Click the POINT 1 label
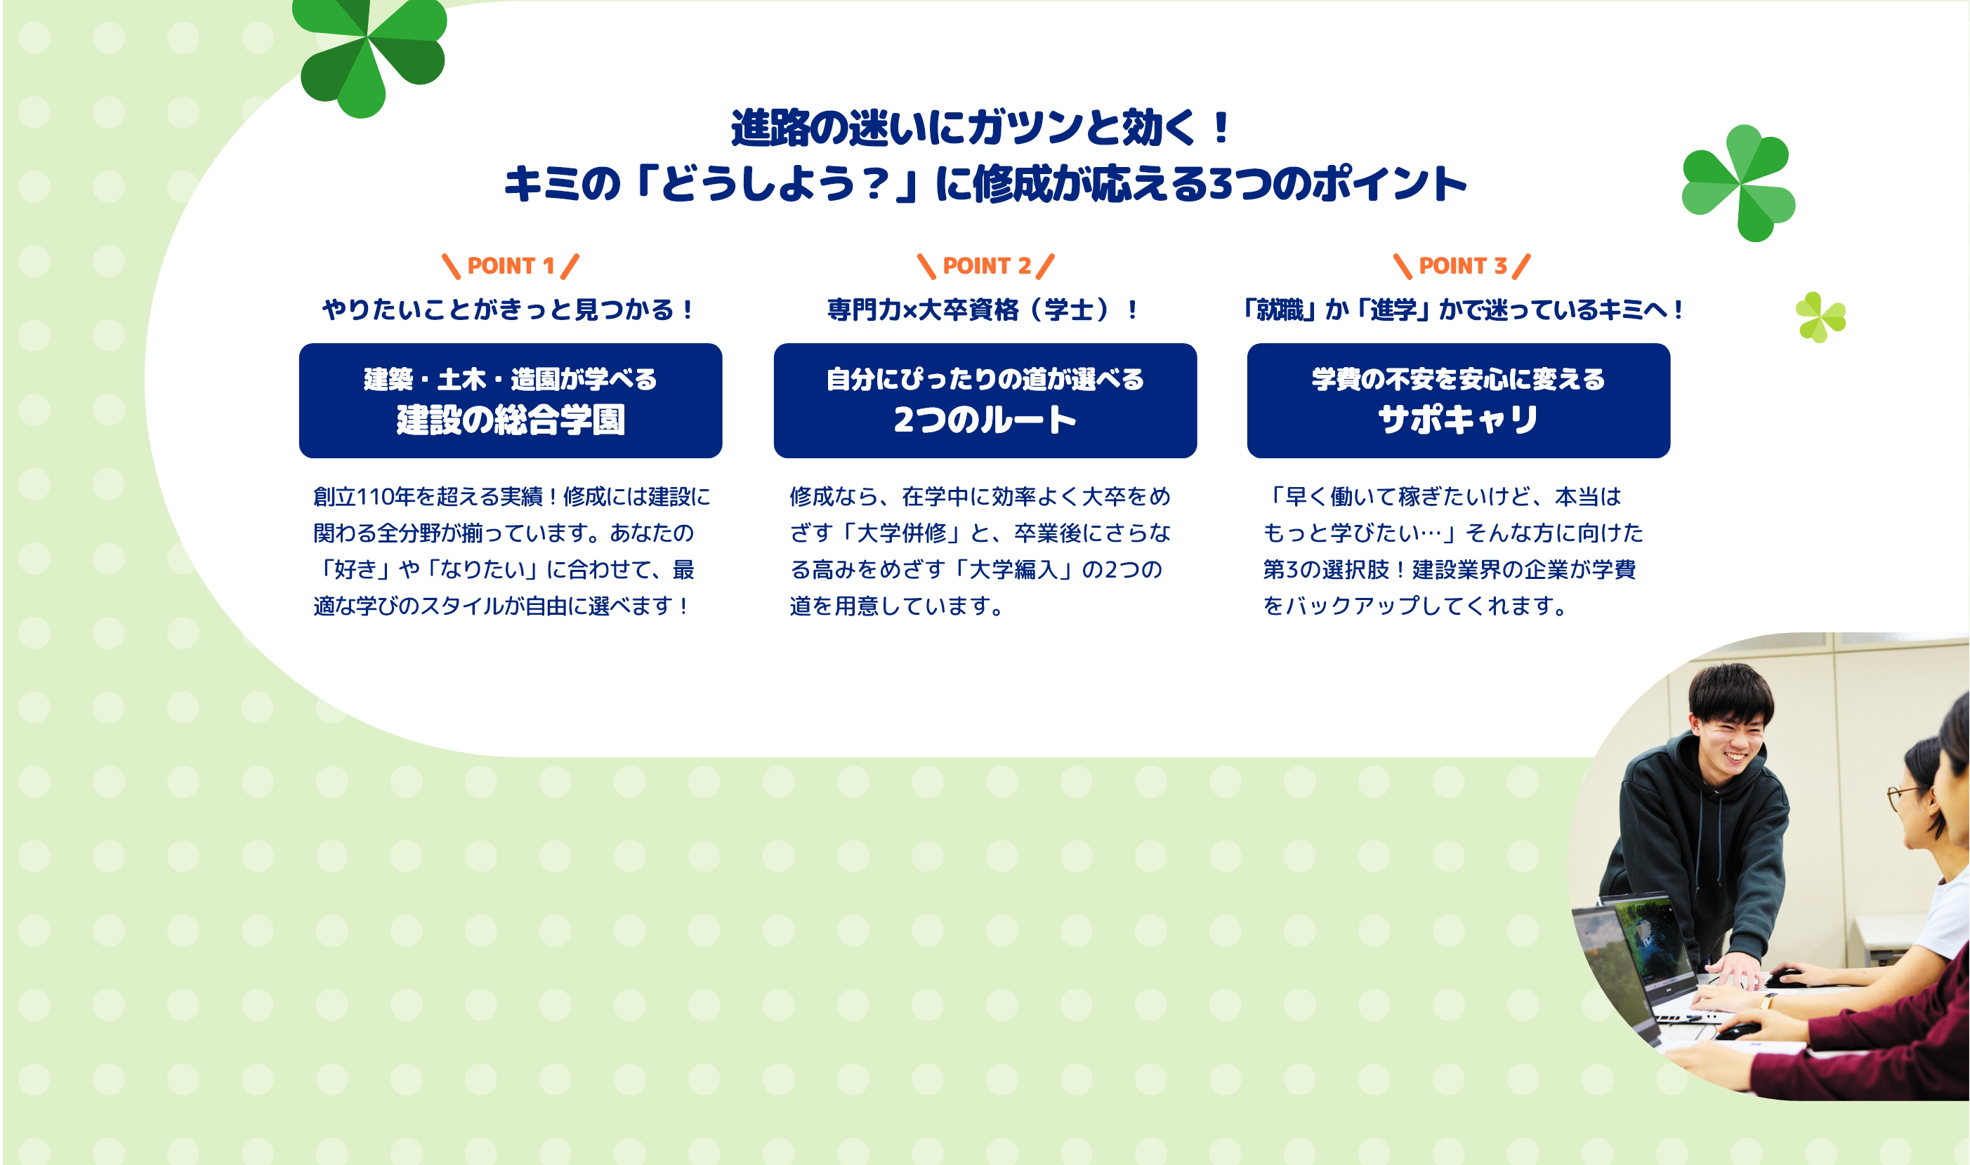click(x=511, y=266)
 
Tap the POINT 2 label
click(x=987, y=266)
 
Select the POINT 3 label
click(x=1462, y=266)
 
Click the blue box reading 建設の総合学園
click(x=511, y=400)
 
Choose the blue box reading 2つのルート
click(x=985, y=400)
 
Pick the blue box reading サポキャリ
click(x=1459, y=400)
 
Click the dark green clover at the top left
click(x=369, y=55)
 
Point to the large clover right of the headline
click(x=1738, y=183)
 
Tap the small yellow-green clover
click(x=1820, y=317)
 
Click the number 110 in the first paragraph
click(x=376, y=496)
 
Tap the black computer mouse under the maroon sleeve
click(x=1738, y=1031)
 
